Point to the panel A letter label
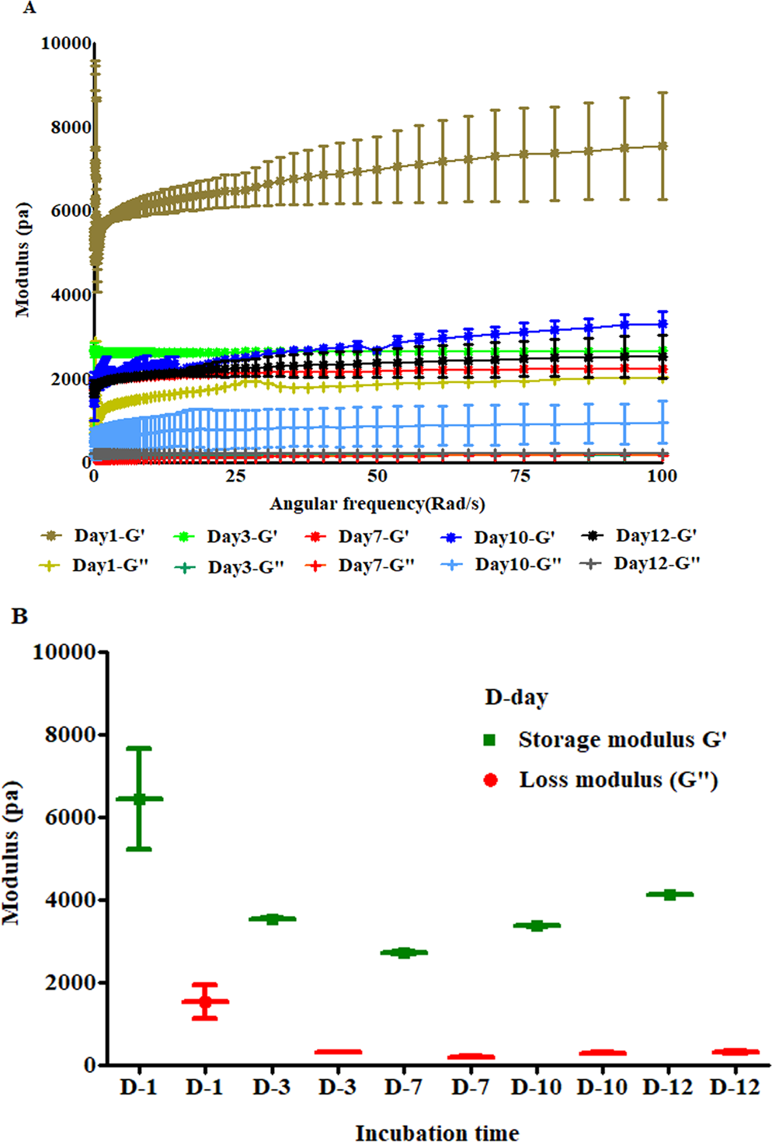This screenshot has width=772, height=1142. tap(30, 8)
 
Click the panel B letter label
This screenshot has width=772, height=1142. tap(19, 617)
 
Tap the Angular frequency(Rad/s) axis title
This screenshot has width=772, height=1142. tap(377, 504)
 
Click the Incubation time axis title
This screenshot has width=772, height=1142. tap(437, 1133)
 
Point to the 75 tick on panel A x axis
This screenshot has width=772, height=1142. tap(520, 476)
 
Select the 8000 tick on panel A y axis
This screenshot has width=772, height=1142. tap(71, 127)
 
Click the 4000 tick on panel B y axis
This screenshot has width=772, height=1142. tap(71, 900)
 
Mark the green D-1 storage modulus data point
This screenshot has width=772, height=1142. tap(139, 798)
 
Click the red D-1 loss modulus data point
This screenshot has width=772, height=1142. tap(205, 1001)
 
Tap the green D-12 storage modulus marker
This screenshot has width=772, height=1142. tap(669, 894)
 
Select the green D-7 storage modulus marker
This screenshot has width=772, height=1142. tap(404, 952)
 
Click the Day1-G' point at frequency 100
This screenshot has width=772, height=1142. tap(662, 146)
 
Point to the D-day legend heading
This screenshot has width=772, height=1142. tap(516, 697)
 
